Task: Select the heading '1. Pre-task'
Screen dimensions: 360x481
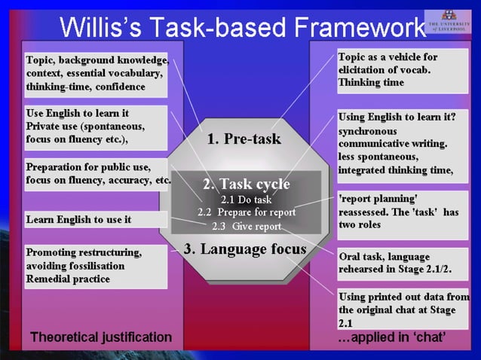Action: point(244,139)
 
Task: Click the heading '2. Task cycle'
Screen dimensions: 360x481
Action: point(247,184)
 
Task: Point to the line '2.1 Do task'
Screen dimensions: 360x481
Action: point(246,200)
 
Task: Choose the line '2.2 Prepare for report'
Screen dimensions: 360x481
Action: point(247,212)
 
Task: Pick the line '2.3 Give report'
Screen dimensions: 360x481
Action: point(247,226)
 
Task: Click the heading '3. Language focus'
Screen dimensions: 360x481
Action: point(245,249)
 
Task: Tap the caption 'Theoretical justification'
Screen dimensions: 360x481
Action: point(101,337)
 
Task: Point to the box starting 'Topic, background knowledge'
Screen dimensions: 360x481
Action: point(96,74)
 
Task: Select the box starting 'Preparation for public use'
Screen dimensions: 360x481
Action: point(98,174)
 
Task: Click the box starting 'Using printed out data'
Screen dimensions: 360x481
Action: point(402,309)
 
